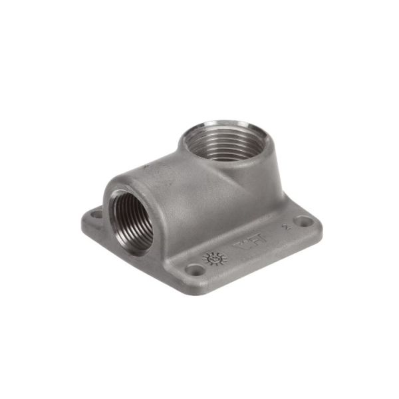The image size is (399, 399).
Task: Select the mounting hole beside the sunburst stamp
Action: click(x=195, y=269)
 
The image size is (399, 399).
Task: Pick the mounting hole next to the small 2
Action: click(x=303, y=222)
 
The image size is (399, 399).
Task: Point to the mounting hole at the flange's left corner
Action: click(x=95, y=215)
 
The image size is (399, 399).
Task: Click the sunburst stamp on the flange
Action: click(x=215, y=258)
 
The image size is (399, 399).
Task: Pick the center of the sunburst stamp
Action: click(x=215, y=258)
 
